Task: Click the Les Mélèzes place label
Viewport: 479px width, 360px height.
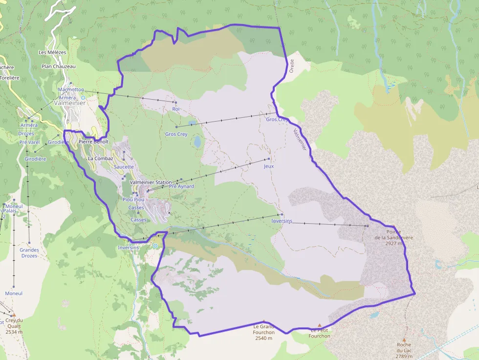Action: click(x=52, y=52)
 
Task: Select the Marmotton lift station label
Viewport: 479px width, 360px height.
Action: click(x=71, y=90)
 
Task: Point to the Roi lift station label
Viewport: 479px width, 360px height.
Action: click(x=176, y=109)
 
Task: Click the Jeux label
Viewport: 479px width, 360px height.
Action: click(x=268, y=166)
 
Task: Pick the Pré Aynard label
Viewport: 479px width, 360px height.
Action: click(x=181, y=186)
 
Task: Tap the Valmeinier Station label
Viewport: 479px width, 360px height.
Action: click(x=151, y=182)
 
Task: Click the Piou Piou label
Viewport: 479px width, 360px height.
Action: click(x=133, y=199)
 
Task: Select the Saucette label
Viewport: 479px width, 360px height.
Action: click(x=124, y=167)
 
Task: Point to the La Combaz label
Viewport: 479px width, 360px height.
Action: click(x=100, y=159)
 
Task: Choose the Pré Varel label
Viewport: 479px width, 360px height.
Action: click(x=29, y=142)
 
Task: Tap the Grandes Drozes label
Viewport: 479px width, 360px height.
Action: click(x=29, y=253)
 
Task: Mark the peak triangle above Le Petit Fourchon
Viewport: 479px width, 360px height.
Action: click(x=320, y=325)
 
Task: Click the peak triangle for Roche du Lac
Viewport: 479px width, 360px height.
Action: click(x=404, y=339)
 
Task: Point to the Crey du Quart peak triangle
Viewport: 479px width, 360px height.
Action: click(x=14, y=316)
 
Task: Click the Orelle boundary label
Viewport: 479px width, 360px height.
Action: click(x=292, y=65)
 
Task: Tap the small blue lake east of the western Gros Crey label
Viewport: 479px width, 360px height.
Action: click(x=197, y=142)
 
